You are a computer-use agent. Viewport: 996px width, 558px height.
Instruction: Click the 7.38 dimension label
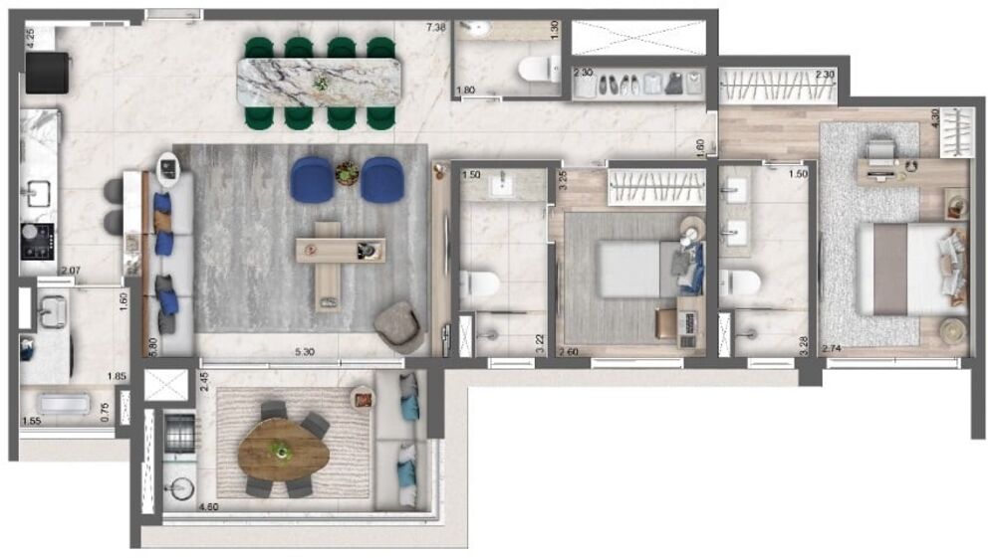[x=434, y=27]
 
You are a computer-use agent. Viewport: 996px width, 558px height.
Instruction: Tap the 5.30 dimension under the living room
[x=307, y=351]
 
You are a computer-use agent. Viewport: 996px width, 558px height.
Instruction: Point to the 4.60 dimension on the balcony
[x=209, y=506]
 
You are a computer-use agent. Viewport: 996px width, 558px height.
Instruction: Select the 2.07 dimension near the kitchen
[x=69, y=271]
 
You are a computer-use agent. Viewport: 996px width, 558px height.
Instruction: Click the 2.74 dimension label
[x=833, y=350]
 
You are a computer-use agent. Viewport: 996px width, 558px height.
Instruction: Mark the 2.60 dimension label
[x=569, y=351]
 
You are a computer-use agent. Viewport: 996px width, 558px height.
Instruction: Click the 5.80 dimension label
[x=151, y=344]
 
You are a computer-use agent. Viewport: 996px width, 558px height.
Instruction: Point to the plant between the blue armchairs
[x=347, y=173]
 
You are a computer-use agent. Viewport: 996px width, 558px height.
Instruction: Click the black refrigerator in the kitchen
[x=48, y=73]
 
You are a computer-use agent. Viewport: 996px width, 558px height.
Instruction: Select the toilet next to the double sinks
[x=740, y=283]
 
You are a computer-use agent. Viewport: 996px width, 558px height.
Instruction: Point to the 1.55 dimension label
[x=32, y=422]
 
